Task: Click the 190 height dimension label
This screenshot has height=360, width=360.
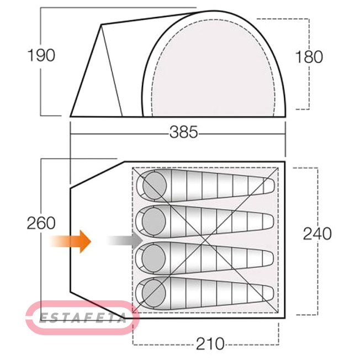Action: coord(41,56)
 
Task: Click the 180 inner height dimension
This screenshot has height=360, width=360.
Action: coord(309,57)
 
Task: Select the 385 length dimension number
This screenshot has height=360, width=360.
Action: coord(184,133)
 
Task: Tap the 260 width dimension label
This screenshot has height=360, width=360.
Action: coord(41,223)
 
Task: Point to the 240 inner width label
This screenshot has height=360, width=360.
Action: coord(317,234)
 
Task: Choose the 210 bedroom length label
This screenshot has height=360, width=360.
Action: coord(210,343)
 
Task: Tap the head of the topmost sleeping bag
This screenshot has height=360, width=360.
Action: coord(154,186)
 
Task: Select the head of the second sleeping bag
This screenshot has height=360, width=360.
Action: coord(154,221)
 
